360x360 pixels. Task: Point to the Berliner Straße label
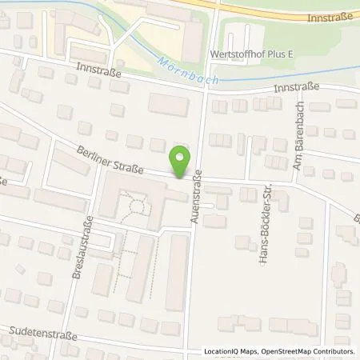pos(111,158)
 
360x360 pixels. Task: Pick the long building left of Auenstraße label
pos(176,272)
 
